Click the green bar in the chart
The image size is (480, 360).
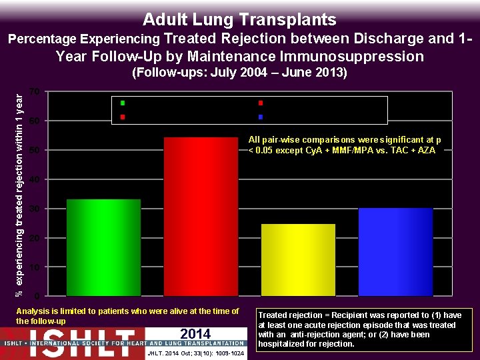103,247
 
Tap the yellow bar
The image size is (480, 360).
298,259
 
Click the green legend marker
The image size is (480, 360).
123,103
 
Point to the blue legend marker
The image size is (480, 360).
261,117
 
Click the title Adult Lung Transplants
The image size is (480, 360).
239,19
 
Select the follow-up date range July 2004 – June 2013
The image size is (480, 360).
240,72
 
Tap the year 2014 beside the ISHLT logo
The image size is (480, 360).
196,334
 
